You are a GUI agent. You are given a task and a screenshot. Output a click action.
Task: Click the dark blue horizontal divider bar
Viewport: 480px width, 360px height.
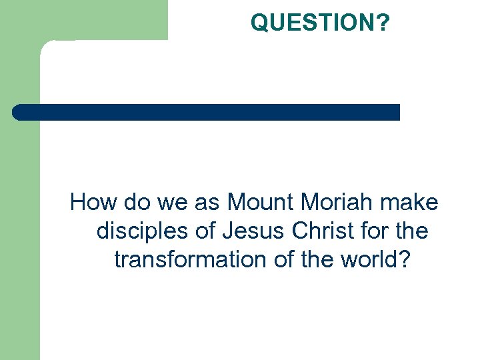tap(207, 112)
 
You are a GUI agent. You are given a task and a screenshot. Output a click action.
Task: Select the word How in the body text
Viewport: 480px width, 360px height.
tap(92, 201)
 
